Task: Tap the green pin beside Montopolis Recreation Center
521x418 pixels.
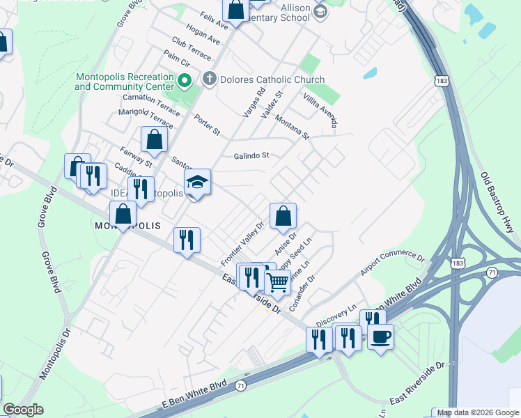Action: click(x=185, y=82)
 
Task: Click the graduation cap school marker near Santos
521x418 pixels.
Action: click(x=198, y=183)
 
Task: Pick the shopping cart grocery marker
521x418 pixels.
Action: click(x=278, y=282)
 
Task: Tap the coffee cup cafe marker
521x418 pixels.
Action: click(x=380, y=337)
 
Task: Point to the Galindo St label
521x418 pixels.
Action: click(x=251, y=156)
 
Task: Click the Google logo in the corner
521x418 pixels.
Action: click(x=23, y=410)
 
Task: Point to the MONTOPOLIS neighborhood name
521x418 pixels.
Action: click(x=127, y=226)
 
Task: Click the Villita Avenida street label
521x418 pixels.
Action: click(x=320, y=109)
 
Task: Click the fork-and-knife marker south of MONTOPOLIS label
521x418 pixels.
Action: click(x=187, y=240)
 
